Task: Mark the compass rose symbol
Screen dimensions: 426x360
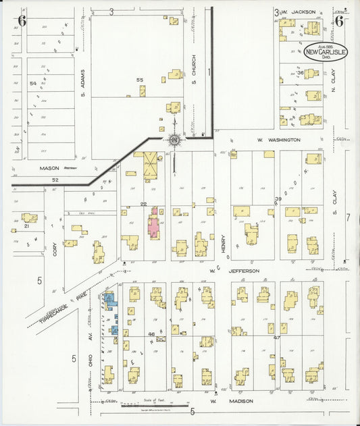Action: pos(174,139)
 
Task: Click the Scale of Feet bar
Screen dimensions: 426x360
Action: pos(140,406)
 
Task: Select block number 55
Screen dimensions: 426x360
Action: pos(140,80)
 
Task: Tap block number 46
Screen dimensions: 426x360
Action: pos(152,334)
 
